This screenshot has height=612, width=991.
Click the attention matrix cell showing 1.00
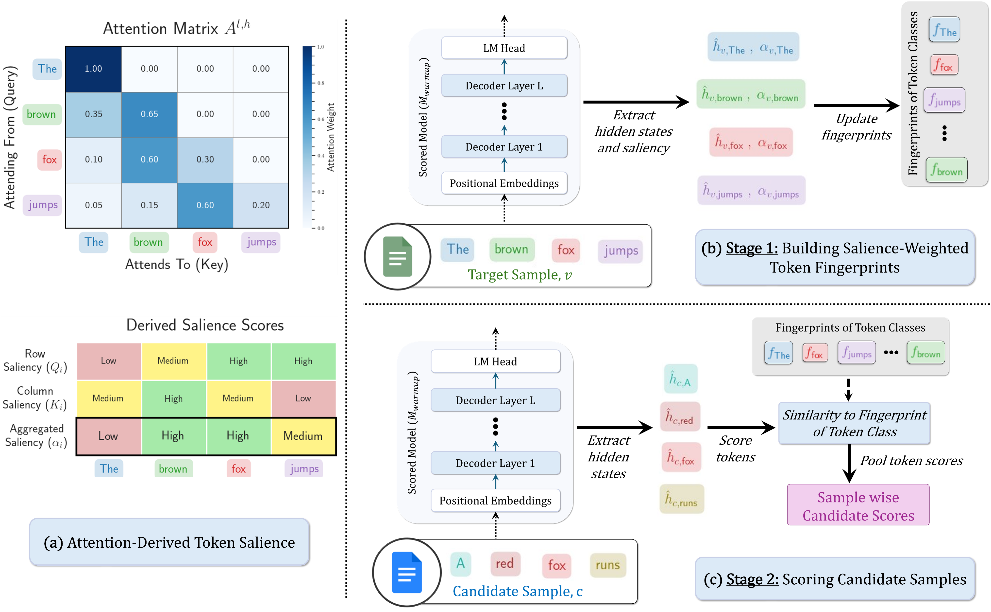pyautogui.click(x=93, y=69)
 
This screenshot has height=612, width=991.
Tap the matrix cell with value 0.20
pyautogui.click(x=261, y=205)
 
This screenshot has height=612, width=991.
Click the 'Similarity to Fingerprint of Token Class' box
pyautogui.click(x=854, y=423)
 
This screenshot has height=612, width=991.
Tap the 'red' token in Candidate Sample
pyautogui.click(x=504, y=563)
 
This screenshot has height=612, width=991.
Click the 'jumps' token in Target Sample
pyautogui.click(x=621, y=251)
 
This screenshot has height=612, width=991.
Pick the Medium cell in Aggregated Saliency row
pyautogui.click(x=303, y=436)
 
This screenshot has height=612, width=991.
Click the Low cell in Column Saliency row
pyautogui.click(x=303, y=398)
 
